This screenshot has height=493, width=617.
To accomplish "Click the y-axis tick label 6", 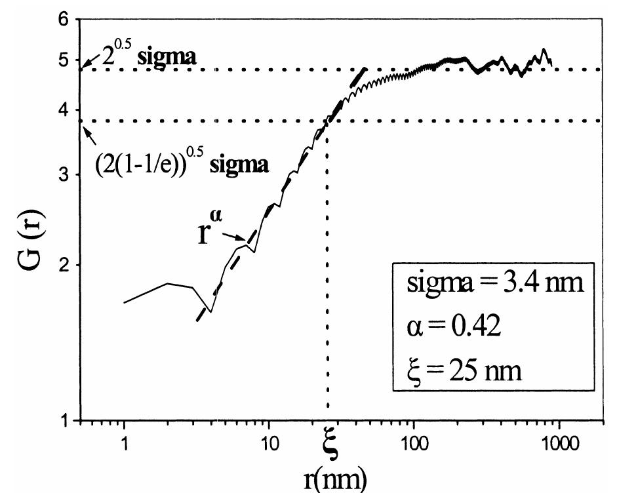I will pyautogui.click(x=64, y=20).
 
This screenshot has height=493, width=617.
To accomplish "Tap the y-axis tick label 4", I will pyautogui.click(x=64, y=110).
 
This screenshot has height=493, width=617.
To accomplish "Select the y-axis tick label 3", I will pyautogui.click(x=64, y=175).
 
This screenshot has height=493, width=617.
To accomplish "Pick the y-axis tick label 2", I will pyautogui.click(x=64, y=265).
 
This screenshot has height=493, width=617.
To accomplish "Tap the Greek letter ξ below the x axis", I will pyautogui.click(x=330, y=452).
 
